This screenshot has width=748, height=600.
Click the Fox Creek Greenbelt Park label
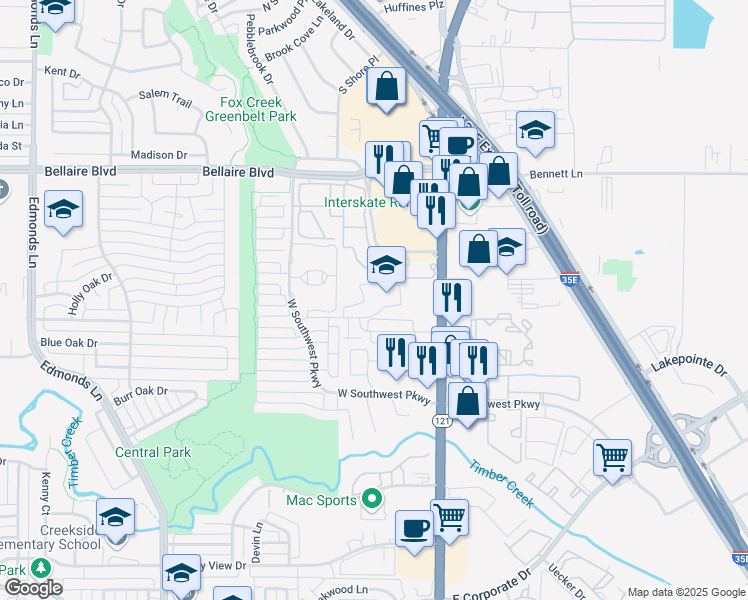click(251, 109)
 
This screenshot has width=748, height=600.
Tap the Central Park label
click(153, 452)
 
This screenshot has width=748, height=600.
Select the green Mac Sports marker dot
click(372, 497)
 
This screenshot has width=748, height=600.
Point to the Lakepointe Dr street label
click(689, 368)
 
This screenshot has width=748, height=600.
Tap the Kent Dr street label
click(62, 72)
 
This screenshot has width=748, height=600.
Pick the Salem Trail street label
click(165, 97)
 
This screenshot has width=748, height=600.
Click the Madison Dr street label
click(159, 155)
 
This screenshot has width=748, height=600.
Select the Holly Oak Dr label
click(91, 296)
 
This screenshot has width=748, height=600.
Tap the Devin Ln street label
click(258, 540)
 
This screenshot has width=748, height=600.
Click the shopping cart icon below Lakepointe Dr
click(612, 458)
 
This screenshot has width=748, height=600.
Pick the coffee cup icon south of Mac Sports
click(414, 528)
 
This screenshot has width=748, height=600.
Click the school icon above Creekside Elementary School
click(116, 517)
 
